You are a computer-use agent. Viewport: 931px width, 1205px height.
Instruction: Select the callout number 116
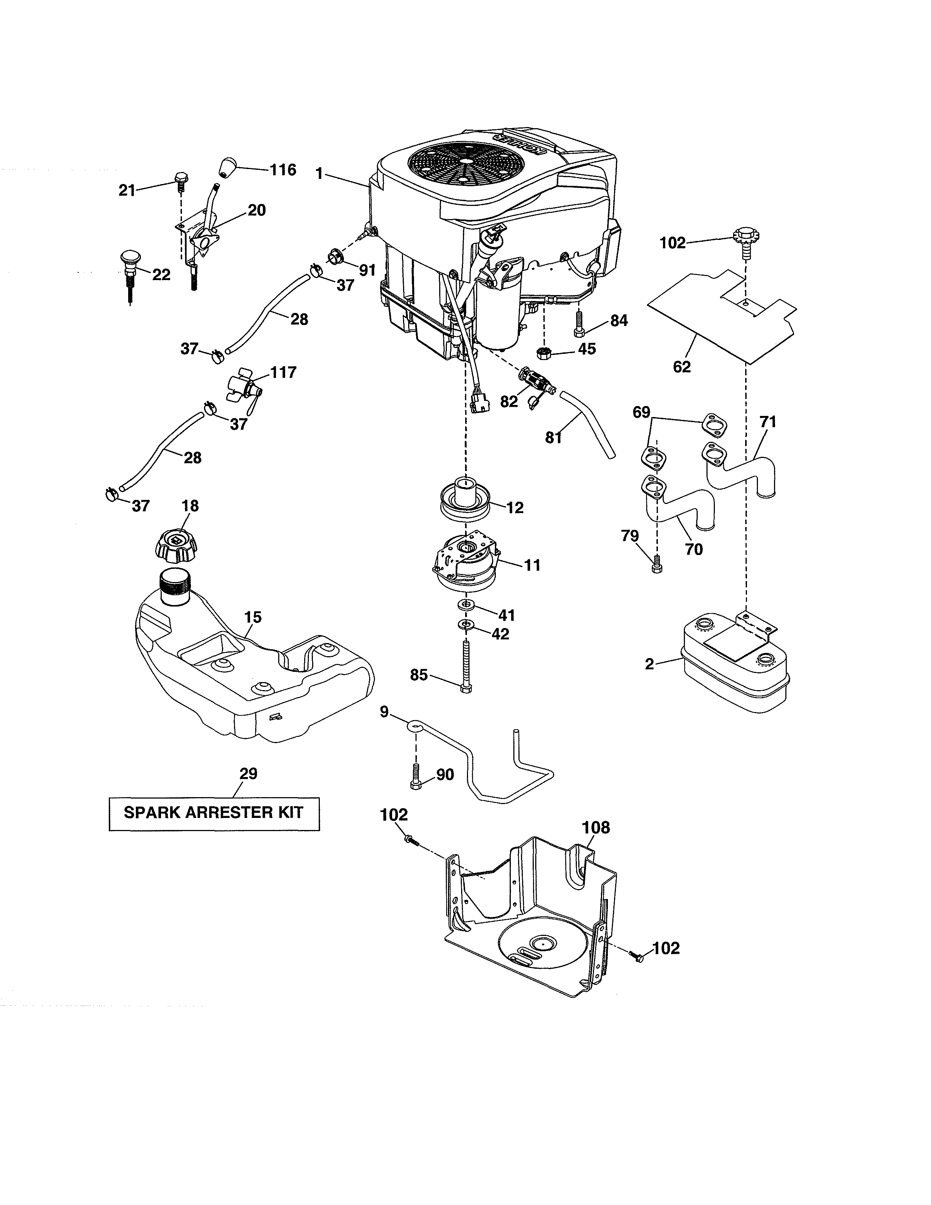point(283,169)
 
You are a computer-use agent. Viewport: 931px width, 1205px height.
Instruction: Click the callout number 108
point(596,827)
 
